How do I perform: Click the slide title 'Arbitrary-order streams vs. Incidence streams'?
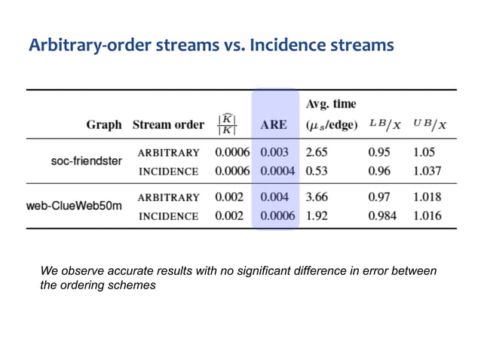click(211, 46)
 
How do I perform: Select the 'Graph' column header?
click(103, 125)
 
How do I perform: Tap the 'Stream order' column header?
click(168, 125)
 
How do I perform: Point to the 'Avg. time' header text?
click(331, 103)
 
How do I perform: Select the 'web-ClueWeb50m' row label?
click(73, 206)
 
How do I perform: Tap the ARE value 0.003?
click(274, 152)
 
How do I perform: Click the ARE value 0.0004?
click(277, 171)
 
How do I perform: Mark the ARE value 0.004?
click(274, 197)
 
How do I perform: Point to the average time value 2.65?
click(317, 152)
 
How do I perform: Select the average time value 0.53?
click(317, 171)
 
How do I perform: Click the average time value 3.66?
click(317, 197)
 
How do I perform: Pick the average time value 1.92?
click(317, 215)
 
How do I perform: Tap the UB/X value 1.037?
click(427, 171)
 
